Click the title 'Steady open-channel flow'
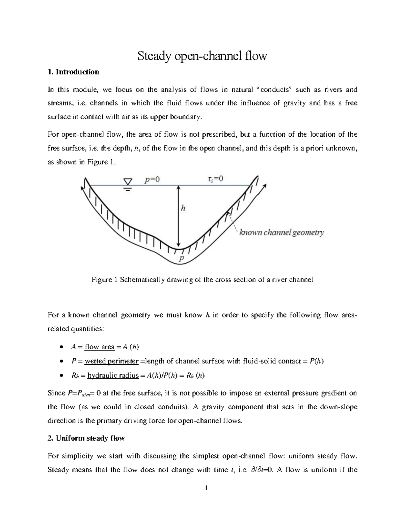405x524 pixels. tap(202, 55)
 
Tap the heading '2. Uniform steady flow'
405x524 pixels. tap(86, 438)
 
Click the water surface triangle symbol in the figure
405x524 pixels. tap(128, 183)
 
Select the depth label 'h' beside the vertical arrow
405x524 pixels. tap(183, 208)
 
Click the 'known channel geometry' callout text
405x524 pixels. tap(281, 232)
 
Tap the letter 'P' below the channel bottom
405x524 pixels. tap(182, 258)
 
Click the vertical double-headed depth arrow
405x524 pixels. tap(179, 216)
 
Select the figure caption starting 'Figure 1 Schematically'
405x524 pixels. tap(202, 280)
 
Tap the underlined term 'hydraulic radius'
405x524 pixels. tap(113, 376)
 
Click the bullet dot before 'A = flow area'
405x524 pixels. tap(61, 347)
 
